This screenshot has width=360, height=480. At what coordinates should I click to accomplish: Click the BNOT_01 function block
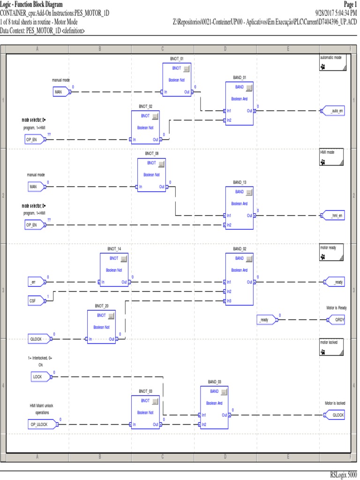[x=177, y=80]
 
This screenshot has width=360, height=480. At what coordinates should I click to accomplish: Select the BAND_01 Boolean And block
[x=240, y=104]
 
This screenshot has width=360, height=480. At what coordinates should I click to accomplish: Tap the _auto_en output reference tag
[x=333, y=111]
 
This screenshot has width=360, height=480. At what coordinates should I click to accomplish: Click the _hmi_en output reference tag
[x=333, y=216]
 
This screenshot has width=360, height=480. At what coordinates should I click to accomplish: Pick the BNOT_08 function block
[x=152, y=175]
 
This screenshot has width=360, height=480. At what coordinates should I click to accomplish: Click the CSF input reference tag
[x=35, y=301]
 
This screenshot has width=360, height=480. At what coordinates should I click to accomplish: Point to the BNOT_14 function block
[x=114, y=270]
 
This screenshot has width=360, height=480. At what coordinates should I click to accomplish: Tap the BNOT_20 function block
[x=101, y=327]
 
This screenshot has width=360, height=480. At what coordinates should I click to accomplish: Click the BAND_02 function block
[x=240, y=279]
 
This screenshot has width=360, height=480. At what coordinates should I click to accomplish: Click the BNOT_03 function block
[x=145, y=412]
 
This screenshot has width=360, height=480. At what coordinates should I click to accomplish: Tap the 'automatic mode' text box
[x=333, y=62]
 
